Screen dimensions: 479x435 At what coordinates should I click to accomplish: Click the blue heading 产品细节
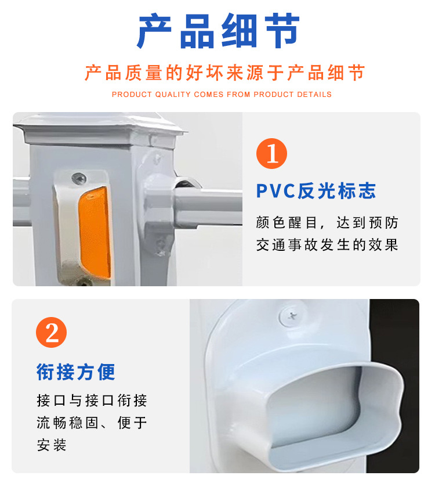point(219,32)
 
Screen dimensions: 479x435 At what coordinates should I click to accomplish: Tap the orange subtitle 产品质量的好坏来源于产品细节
point(224,73)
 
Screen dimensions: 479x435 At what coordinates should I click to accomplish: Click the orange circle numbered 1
point(272,154)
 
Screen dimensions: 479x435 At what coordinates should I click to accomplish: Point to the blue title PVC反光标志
point(316,191)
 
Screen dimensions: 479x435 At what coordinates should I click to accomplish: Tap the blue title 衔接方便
point(76,372)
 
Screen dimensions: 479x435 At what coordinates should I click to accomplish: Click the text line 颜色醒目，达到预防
point(327,223)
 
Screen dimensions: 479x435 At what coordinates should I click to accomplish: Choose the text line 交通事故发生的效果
point(327,245)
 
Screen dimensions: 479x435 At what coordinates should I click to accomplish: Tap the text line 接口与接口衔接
point(92,401)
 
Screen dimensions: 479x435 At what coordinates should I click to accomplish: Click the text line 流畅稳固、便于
point(92,423)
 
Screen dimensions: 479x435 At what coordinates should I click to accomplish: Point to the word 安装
point(52,445)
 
